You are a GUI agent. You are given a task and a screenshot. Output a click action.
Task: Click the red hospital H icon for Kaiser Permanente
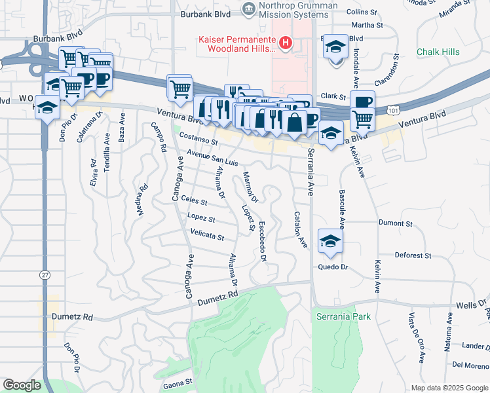(286, 44)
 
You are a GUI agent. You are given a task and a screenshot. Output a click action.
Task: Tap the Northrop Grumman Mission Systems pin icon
(248, 9)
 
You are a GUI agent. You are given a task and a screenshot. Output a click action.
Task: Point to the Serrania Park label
(343, 316)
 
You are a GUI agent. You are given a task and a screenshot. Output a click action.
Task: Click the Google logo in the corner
(22, 385)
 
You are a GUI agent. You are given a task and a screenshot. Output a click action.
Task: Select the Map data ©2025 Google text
(449, 388)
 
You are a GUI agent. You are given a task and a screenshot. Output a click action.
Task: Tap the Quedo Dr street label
(331, 267)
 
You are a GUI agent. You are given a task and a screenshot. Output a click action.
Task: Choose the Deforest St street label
(412, 255)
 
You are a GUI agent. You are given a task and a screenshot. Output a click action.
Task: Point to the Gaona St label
(178, 381)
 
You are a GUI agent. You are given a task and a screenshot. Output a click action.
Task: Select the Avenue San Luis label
(212, 158)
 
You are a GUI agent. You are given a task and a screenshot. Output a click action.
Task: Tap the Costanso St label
(198, 140)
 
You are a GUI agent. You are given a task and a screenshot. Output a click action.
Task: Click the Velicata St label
(207, 234)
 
